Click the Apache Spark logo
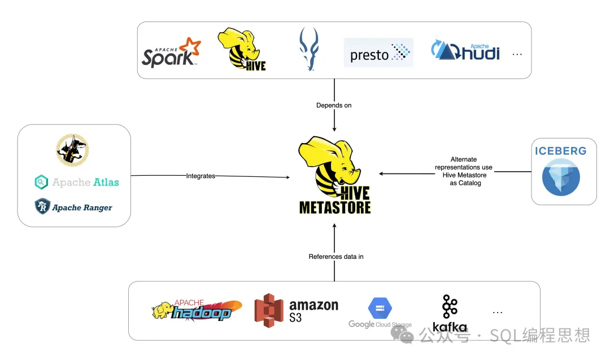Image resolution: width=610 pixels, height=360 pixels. pos(171,53)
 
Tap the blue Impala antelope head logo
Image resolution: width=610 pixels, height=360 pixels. pos(309,50)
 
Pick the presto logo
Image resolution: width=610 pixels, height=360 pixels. pos(378,53)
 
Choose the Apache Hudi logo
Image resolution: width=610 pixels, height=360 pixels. pos(465,51)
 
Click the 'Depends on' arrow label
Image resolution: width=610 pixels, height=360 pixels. pos(334,106)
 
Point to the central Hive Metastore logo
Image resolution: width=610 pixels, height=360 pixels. pos(334,176)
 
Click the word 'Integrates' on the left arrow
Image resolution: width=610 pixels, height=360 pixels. pos(201,176)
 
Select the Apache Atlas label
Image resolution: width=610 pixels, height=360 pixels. pos(77,183)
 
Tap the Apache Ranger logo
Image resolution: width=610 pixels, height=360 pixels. pos(73,207)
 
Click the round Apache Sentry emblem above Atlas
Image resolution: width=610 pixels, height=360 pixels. pos(72,150)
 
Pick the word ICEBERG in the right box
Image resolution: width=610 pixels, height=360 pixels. pos(561,151)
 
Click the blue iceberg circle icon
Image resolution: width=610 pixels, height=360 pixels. pos(561,177)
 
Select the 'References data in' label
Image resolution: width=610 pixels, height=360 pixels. pos(335,257)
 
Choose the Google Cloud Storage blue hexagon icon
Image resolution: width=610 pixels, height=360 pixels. pos(380,309)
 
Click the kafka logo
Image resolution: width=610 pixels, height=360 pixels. pos(450,313)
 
